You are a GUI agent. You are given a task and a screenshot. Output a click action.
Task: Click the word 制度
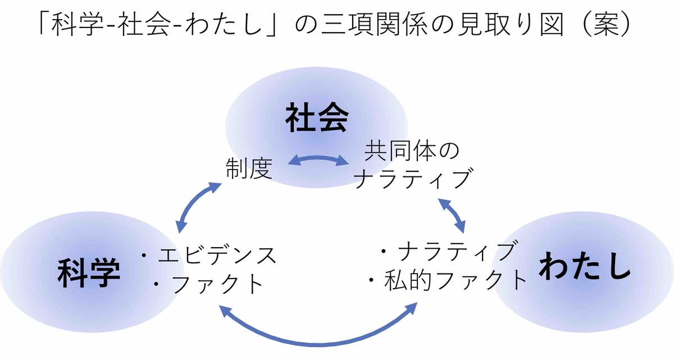pos(249,168)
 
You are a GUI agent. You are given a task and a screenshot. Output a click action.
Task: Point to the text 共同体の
pos(412,152)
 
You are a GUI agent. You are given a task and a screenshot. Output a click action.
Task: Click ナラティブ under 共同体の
pos(412,180)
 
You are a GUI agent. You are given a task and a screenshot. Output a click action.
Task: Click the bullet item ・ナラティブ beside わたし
pos(447,252)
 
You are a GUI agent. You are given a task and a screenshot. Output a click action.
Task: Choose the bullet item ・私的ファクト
pos(447,280)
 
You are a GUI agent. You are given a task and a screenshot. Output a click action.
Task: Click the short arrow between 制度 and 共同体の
pos(318,161)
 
